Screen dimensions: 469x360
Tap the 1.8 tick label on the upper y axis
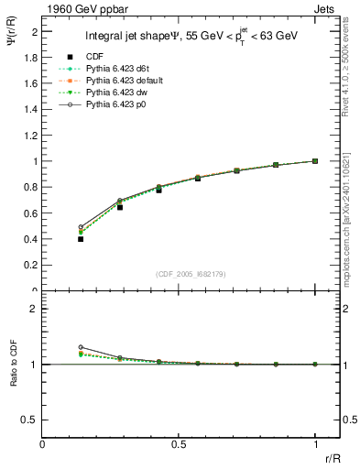click(x=30, y=57)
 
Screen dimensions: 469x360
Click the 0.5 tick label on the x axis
click(x=179, y=446)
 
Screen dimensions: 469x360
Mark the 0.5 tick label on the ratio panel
click(x=30, y=420)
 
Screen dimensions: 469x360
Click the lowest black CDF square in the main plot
click(x=81, y=239)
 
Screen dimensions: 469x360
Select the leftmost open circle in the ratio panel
click(x=81, y=348)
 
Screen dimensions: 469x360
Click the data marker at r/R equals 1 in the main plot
click(x=315, y=161)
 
